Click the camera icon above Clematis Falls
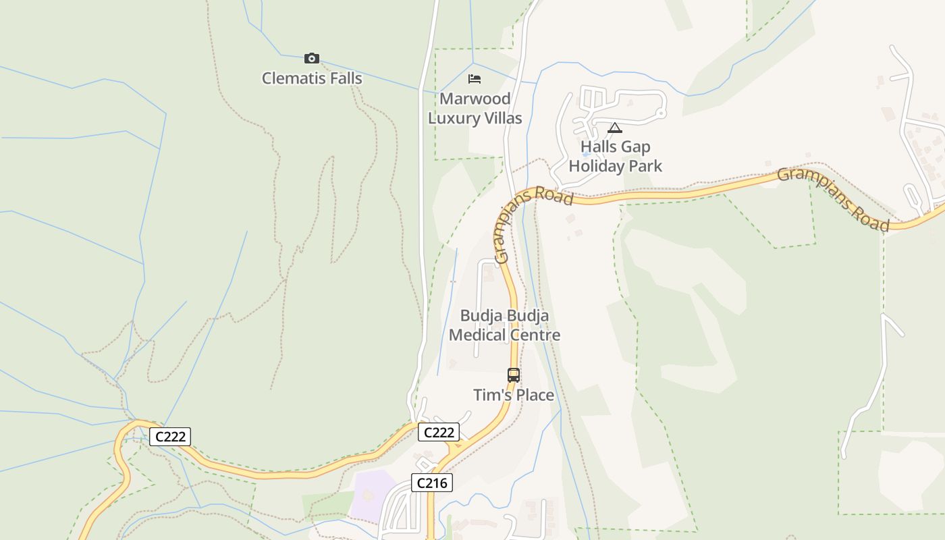(311, 59)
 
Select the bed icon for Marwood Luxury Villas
(475, 79)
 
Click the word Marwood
(475, 99)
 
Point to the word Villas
(500, 118)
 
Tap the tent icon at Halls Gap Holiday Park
(614, 127)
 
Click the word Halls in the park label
(597, 147)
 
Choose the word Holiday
(599, 166)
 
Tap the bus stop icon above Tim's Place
(514, 375)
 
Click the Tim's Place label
(514, 395)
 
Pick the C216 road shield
(431, 483)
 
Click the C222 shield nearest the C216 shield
(438, 432)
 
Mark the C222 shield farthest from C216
(170, 437)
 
